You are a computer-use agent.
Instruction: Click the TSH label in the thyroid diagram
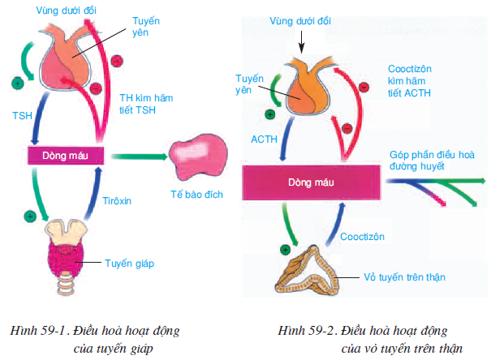click(x=21, y=116)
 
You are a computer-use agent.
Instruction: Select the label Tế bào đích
click(x=197, y=195)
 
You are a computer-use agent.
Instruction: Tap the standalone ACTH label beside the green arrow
click(x=265, y=139)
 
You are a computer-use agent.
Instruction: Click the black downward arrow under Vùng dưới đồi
click(x=301, y=38)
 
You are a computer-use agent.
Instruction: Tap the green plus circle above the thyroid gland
click(x=30, y=216)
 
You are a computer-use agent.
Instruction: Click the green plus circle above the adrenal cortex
click(x=284, y=251)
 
